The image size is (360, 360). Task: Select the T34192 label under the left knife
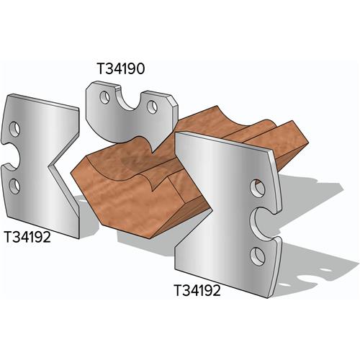point(27,235)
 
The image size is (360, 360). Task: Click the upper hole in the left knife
point(14,130)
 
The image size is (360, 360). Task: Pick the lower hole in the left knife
point(14,185)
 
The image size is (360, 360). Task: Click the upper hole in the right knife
point(257,189)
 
